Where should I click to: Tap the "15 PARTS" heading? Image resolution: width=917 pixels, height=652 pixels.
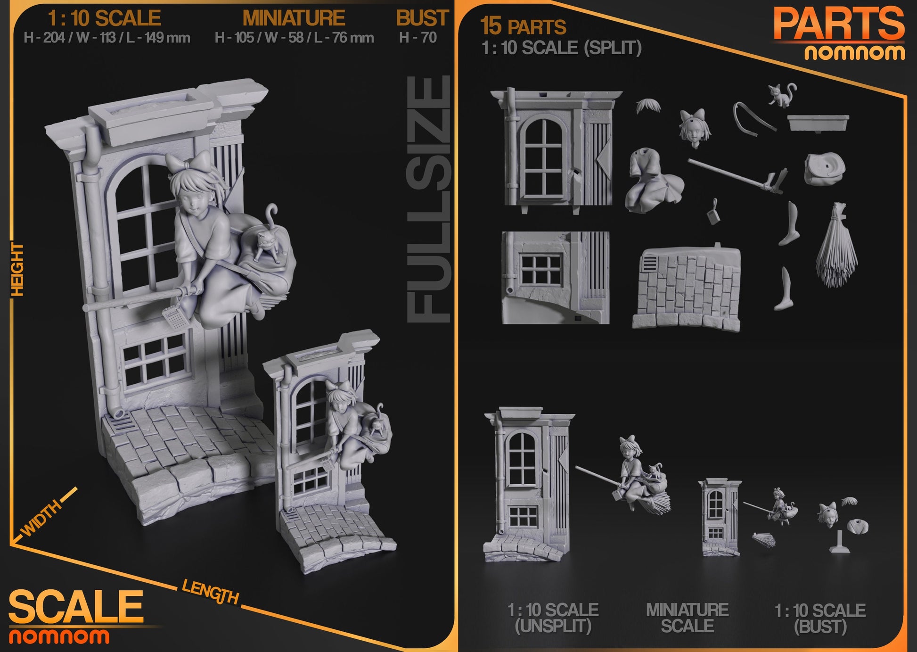pyautogui.click(x=523, y=26)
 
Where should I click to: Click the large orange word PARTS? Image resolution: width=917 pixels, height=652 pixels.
pyautogui.click(x=839, y=25)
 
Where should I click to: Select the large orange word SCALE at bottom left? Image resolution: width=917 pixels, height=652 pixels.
pyautogui.click(x=75, y=607)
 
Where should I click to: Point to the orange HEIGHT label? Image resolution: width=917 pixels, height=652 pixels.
pyautogui.click(x=17, y=270)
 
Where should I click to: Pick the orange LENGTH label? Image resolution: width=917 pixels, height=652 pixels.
pyautogui.click(x=210, y=592)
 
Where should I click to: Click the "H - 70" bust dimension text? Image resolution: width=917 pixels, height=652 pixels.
pyautogui.click(x=418, y=38)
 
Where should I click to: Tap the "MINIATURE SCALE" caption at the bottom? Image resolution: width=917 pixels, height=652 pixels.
pyautogui.click(x=687, y=618)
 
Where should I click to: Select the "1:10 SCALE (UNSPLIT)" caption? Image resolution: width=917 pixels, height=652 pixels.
pyautogui.click(x=553, y=618)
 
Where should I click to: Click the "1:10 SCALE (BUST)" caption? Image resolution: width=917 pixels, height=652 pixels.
pyautogui.click(x=820, y=618)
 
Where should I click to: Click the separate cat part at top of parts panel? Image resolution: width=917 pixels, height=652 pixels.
pyautogui.click(x=782, y=95)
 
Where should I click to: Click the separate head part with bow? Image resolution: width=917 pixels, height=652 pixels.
pyautogui.click(x=692, y=127)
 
